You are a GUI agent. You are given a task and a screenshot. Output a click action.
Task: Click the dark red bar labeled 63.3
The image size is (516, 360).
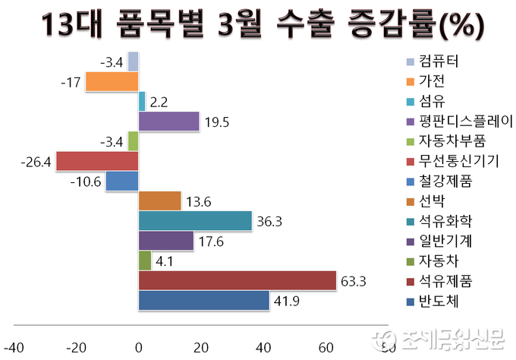(x=237, y=281)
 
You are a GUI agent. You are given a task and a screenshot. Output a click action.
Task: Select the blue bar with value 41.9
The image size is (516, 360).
(x=203, y=301)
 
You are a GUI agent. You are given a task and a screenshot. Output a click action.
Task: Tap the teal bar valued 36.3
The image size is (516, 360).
(x=195, y=221)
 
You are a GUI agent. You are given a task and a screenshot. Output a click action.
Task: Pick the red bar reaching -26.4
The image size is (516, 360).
(x=97, y=161)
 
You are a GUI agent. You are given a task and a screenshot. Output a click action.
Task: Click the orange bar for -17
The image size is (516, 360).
(x=112, y=81)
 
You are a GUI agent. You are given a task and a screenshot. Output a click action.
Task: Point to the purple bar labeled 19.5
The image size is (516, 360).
(x=168, y=122)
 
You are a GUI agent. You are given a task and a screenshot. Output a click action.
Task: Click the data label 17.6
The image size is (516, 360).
(x=211, y=242)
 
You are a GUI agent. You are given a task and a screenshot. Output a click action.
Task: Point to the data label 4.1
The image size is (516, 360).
(x=164, y=261)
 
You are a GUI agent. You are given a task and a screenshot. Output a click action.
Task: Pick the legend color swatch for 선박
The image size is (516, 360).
(x=411, y=202)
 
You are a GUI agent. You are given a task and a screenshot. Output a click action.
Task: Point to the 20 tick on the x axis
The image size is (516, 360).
(x=201, y=347)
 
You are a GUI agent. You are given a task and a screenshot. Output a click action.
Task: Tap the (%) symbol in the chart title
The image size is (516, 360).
(x=458, y=27)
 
